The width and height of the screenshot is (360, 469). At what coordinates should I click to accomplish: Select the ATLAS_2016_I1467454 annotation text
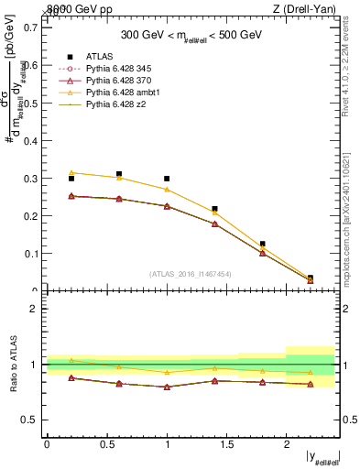[x=190, y=274]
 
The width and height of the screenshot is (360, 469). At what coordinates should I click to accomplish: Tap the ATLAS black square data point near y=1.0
[x=167, y=179]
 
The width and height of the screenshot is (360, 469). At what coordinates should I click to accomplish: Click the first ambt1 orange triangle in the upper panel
[x=71, y=172]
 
